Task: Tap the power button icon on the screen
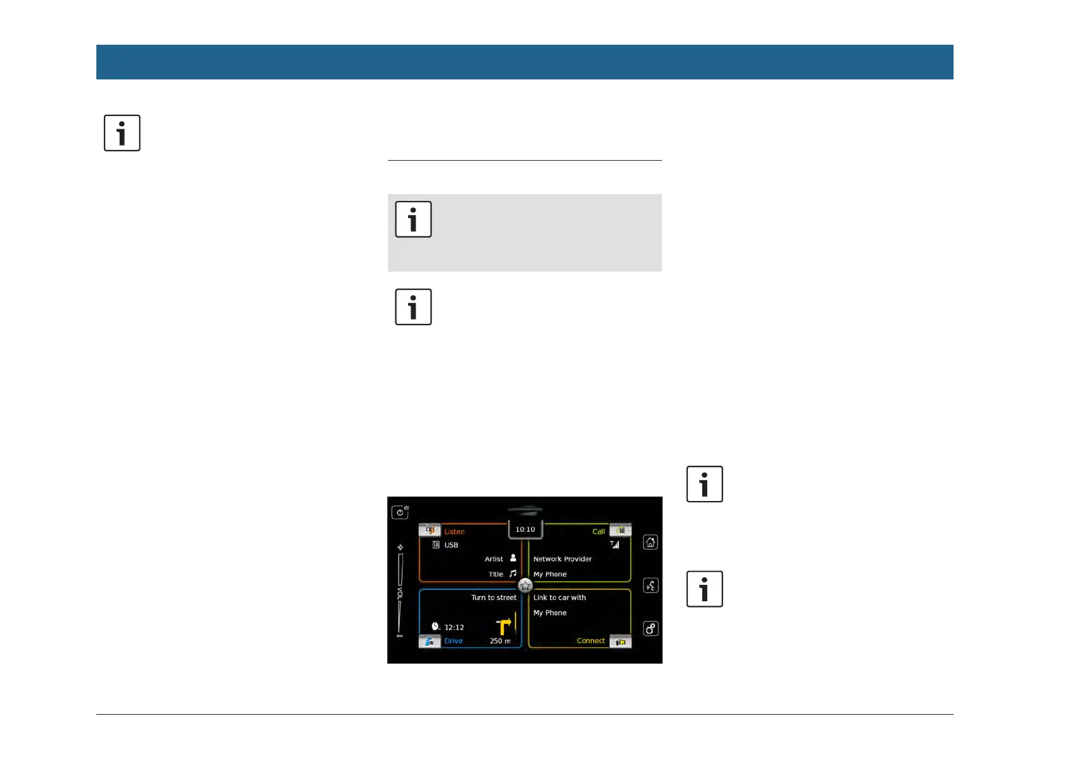[400, 512]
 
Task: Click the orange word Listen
[454, 531]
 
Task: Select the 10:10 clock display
[525, 529]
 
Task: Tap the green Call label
[598, 531]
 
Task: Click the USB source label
[451, 545]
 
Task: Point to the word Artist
[494, 559]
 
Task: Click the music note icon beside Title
[513, 573]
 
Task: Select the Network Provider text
[562, 559]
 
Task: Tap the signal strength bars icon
[615, 544]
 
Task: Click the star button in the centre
[525, 585]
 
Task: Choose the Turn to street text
[494, 597]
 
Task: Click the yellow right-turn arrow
[504, 625]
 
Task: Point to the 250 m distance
[500, 641]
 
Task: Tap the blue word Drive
[453, 641]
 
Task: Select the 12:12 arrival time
[454, 627]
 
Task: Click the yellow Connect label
[591, 641]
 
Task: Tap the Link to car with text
[559, 597]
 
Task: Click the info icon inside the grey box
[413, 219]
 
